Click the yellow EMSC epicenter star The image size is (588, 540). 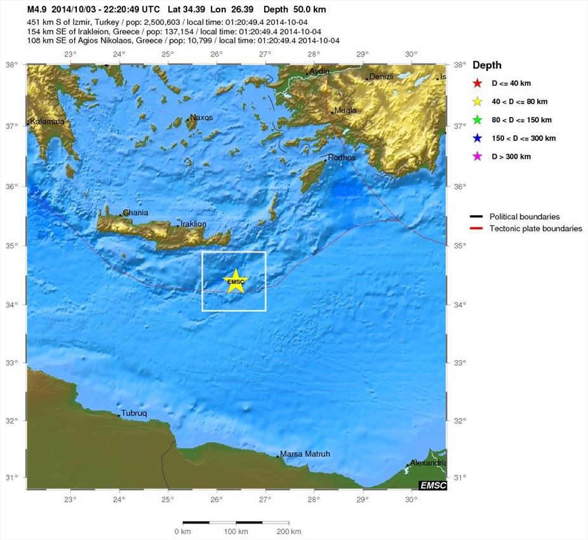pos(236,281)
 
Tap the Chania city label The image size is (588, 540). pos(135,213)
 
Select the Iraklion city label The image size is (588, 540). pos(193,224)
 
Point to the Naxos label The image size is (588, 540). pos(201,118)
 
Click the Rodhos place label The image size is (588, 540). pos(342,158)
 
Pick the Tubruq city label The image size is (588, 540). pos(134,414)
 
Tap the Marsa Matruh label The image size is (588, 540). pos(305,454)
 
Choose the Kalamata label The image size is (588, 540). pos(47,121)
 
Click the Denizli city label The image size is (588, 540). pos(381,76)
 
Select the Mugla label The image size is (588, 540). pos(345,110)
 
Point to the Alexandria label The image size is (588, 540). pos(429,463)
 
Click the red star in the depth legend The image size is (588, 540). pos(478,83)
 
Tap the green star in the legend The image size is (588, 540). pos(478,119)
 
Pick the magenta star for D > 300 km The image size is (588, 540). pos(478,156)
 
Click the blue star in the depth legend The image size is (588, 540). pos(478,138)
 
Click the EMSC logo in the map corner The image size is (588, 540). pos(432,485)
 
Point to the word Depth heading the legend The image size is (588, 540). pos(487,65)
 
